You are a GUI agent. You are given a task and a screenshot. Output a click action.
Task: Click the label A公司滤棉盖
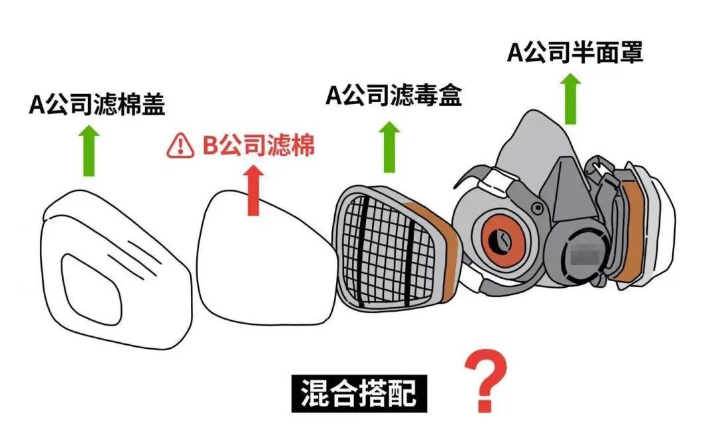click(x=97, y=105)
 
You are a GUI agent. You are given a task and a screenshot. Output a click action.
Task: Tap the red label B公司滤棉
click(x=258, y=145)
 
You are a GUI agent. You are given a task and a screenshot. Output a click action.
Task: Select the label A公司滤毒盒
click(x=394, y=95)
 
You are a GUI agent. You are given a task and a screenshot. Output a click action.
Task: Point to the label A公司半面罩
click(x=575, y=52)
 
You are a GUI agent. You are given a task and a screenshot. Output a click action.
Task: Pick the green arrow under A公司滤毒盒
click(x=389, y=147)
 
